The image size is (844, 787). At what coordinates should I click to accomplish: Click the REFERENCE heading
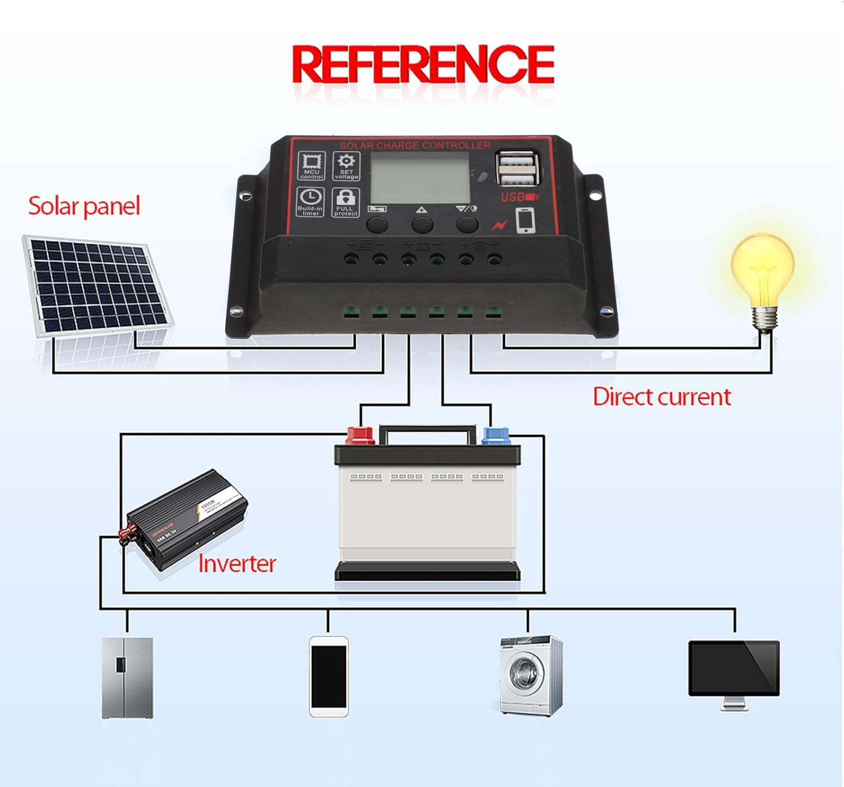click(x=423, y=65)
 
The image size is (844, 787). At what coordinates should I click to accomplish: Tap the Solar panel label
click(x=84, y=206)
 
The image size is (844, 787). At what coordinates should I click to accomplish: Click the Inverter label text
click(x=237, y=564)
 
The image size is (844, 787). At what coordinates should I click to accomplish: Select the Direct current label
click(x=662, y=397)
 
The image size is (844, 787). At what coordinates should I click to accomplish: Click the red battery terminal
click(x=360, y=435)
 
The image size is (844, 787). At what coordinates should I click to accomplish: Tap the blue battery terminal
click(x=496, y=435)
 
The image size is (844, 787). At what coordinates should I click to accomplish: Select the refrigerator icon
click(x=127, y=677)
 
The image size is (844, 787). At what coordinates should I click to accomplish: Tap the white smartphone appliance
click(x=329, y=676)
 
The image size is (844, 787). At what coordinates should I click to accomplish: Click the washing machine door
click(x=524, y=673)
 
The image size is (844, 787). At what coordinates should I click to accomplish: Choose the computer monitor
click(x=734, y=669)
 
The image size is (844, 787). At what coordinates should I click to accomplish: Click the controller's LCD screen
click(x=420, y=178)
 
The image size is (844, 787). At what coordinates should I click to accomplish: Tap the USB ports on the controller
click(x=517, y=168)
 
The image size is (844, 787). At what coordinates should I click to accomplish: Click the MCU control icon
click(x=311, y=165)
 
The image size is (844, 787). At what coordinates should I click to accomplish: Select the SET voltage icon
click(x=346, y=165)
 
